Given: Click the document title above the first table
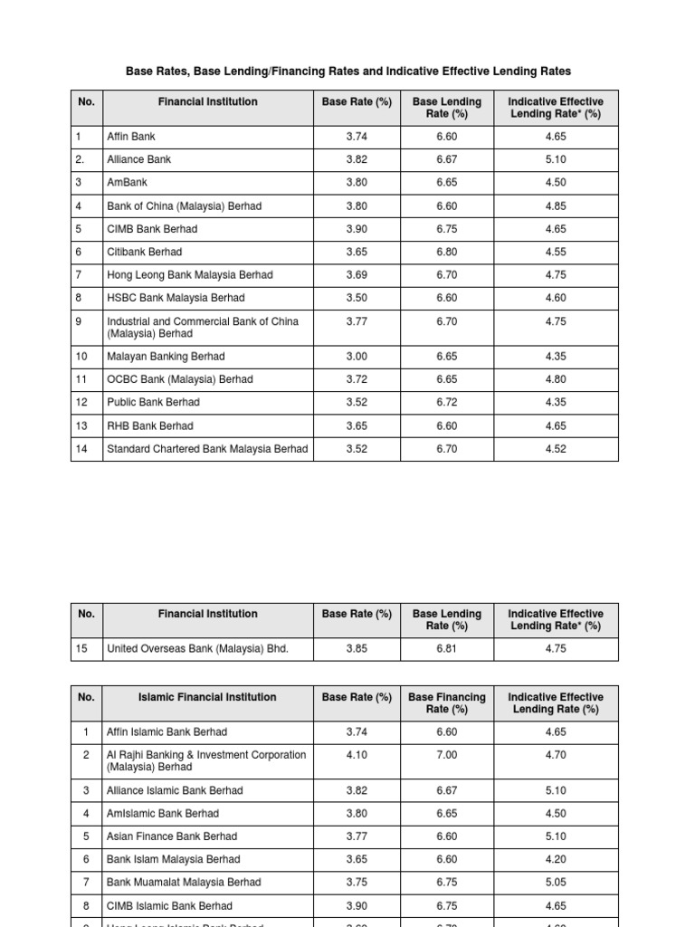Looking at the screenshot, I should [x=347, y=71].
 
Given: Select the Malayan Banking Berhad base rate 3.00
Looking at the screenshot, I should [x=357, y=357].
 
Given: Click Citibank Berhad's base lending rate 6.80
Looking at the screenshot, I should [x=446, y=252].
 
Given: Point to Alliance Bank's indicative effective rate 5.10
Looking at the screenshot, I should [x=555, y=159].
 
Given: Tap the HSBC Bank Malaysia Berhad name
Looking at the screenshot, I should [x=176, y=298].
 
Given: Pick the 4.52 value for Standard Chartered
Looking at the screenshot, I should [x=555, y=449].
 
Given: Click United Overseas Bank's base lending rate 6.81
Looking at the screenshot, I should [x=446, y=649].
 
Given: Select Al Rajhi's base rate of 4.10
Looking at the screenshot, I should [x=357, y=755].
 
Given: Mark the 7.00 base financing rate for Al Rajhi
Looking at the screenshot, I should [x=446, y=755].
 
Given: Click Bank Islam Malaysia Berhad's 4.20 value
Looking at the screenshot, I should [x=555, y=860].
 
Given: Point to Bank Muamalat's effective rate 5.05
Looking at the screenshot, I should [x=555, y=883].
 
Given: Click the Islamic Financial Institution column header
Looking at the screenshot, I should [x=207, y=697].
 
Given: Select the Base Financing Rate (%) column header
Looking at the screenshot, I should [x=446, y=703].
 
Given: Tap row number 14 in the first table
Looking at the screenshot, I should [x=82, y=449].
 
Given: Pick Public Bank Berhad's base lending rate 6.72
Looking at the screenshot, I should [x=446, y=402].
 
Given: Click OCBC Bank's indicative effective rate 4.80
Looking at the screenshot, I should [x=555, y=379].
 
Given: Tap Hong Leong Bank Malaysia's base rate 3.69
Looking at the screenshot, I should [x=357, y=275].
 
